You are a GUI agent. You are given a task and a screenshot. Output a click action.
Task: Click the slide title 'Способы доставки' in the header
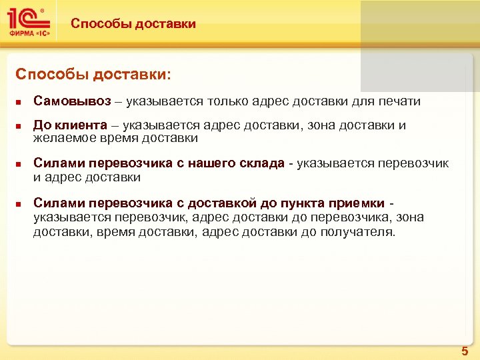point(133,24)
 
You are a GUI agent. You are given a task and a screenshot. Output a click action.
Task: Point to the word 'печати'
point(401,101)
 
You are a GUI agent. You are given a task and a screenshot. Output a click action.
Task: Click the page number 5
point(464,349)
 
